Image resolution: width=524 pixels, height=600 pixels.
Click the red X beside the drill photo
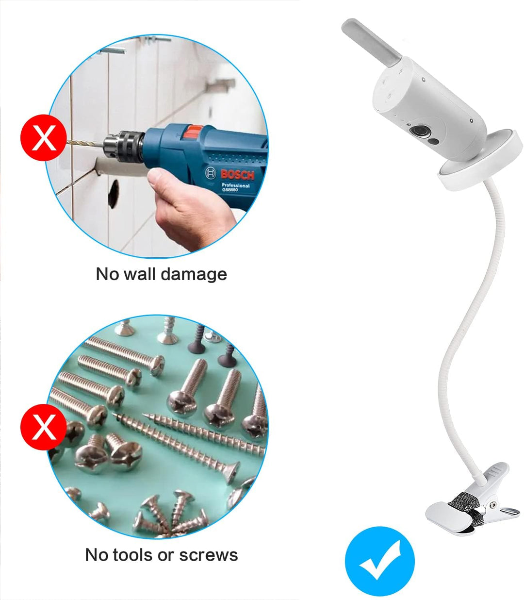click(x=44, y=137)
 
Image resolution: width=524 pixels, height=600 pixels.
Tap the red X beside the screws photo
click(x=44, y=427)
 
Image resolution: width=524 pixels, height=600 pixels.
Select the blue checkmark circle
click(x=380, y=562)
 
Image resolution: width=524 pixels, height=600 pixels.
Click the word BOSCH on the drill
click(x=237, y=175)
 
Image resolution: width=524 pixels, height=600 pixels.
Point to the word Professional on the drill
click(x=236, y=185)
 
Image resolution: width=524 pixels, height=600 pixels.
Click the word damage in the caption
click(x=194, y=274)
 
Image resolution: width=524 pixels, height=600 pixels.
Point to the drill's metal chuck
click(x=124, y=146)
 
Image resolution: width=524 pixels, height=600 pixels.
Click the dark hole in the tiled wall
click(x=113, y=194)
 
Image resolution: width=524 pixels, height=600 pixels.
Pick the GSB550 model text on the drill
click(x=230, y=190)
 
